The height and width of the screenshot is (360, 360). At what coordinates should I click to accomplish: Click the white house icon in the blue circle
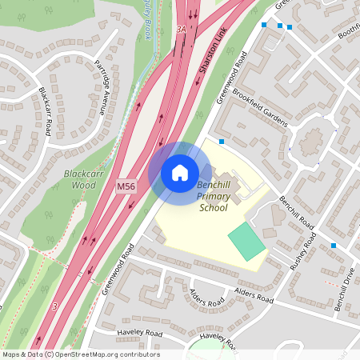pos(180,172)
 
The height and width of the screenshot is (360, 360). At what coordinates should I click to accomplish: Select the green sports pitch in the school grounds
pos(246,241)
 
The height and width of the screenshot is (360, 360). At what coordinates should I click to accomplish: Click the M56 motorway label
pos(126,186)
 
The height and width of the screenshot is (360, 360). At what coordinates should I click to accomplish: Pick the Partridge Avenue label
pos(106,88)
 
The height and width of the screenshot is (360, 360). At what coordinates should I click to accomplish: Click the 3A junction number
pos(181,30)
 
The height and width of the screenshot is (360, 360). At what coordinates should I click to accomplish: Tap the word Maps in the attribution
pos(12,354)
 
